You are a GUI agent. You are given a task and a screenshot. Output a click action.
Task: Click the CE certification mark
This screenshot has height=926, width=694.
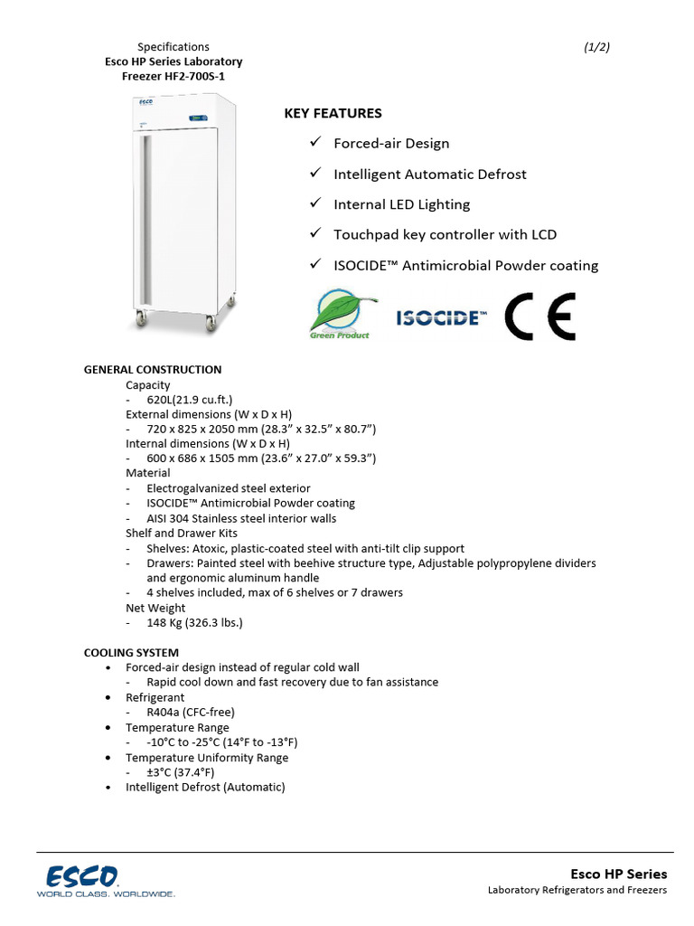pos(539,317)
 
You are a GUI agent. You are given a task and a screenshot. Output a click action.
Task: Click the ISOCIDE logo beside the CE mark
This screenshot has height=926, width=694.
pos(442,317)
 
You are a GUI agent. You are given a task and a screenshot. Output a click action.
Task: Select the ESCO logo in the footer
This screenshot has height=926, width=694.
pos(83,875)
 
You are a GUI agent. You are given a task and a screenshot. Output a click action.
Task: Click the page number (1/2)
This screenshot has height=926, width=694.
pos(597,47)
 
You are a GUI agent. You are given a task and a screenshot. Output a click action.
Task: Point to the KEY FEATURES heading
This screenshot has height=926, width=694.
pos(333,113)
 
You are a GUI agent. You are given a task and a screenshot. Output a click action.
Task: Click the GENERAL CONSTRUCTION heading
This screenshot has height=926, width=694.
pos(153,370)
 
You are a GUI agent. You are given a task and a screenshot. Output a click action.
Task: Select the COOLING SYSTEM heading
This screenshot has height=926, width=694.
pos(131,652)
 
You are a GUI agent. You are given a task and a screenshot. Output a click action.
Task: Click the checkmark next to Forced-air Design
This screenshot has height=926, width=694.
pos(315,143)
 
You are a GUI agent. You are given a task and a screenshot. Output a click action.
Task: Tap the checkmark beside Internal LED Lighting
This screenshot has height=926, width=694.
pos(315,204)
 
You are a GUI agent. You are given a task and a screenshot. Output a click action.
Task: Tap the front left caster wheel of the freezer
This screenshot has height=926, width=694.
pos(141,318)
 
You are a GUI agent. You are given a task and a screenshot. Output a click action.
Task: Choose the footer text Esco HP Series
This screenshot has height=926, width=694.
pos(618,874)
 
